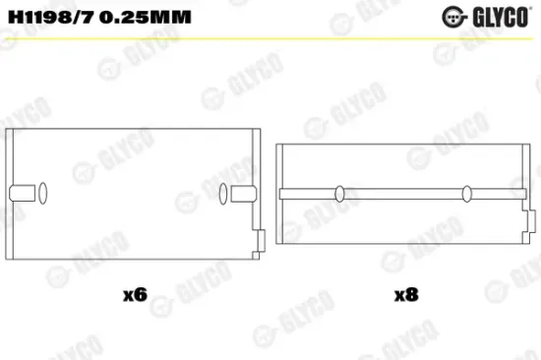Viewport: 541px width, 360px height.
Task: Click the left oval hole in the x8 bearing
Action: (x=338, y=193)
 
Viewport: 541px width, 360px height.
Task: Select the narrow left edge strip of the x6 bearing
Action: (x=11, y=192)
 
